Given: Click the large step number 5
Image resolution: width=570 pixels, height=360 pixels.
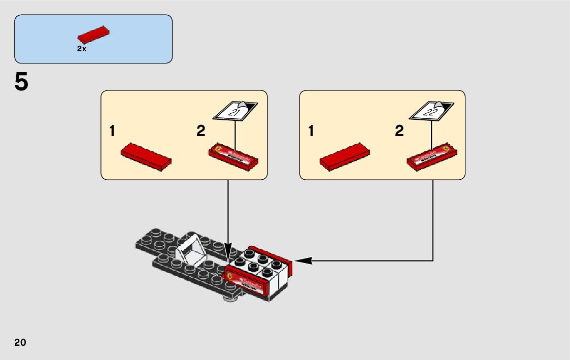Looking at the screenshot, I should pyautogui.click(x=21, y=82).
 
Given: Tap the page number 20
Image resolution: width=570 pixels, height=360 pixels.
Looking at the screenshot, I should pyautogui.click(x=20, y=342).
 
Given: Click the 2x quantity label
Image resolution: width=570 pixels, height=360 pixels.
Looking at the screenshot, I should pyautogui.click(x=82, y=49).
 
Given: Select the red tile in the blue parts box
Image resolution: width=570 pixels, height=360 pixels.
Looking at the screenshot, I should pyautogui.click(x=94, y=34).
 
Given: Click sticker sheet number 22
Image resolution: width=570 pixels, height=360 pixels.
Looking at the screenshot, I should pyautogui.click(x=431, y=111).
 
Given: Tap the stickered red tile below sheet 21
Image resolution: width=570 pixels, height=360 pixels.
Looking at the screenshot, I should pyautogui.click(x=234, y=156).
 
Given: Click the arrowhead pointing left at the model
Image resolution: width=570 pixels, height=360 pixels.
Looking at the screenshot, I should pyautogui.click(x=303, y=261).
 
